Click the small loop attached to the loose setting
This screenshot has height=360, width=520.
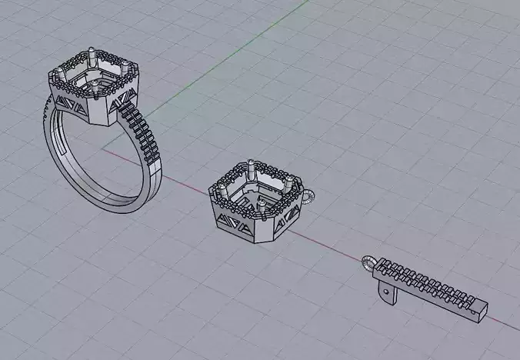coord(308,198)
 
